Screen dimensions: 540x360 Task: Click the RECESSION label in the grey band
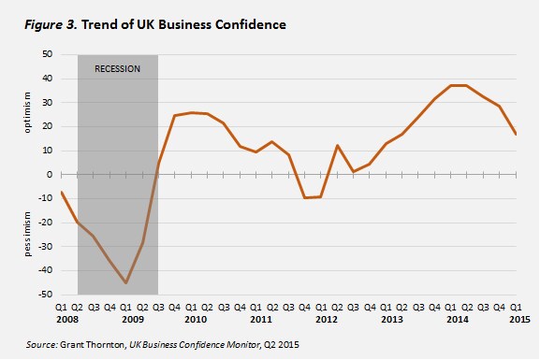tap(117, 69)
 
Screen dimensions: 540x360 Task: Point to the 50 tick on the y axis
tap(48, 54)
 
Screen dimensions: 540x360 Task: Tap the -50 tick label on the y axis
tap(46, 295)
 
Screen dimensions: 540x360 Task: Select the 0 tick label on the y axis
tap(50, 175)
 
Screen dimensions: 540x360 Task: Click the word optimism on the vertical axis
tap(27, 112)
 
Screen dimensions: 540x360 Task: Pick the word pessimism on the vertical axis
tap(27, 234)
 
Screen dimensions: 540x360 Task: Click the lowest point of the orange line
tap(126, 283)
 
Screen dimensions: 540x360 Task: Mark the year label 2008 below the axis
tap(67, 320)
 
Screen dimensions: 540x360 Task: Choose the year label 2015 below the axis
tap(520, 320)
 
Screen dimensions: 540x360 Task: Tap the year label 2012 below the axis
tap(327, 320)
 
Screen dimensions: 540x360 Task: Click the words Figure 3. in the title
tap(51, 25)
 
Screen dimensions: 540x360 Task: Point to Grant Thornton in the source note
tap(93, 344)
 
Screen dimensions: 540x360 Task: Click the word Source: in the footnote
tap(42, 344)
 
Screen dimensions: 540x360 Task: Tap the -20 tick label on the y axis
tap(46, 223)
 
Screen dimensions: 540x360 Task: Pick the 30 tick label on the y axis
tap(48, 103)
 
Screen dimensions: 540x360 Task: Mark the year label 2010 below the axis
tap(196, 320)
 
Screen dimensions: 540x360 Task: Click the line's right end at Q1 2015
tap(516, 135)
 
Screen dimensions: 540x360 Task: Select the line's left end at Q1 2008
tap(62, 192)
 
